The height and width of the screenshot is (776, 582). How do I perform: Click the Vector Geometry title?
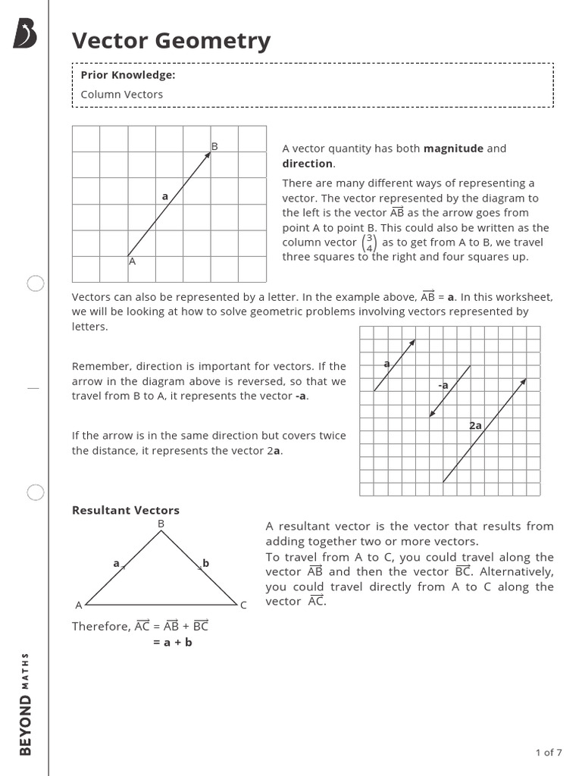pyautogui.click(x=171, y=41)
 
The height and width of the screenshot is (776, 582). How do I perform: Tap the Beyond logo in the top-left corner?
pyautogui.click(x=26, y=34)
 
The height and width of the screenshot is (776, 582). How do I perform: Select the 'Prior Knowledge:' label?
pyautogui.click(x=128, y=75)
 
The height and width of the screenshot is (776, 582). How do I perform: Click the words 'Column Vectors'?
pyautogui.click(x=122, y=95)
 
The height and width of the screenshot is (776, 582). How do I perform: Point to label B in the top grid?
pyautogui.click(x=214, y=146)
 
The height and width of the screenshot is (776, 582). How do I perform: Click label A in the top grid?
pyautogui.click(x=132, y=261)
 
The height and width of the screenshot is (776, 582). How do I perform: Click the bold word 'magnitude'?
pyautogui.click(x=453, y=149)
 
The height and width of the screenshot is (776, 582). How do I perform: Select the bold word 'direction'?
pyautogui.click(x=307, y=164)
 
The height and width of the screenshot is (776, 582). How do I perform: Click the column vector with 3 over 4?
pyautogui.click(x=369, y=242)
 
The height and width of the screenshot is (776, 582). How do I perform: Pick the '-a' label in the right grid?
pyautogui.click(x=443, y=385)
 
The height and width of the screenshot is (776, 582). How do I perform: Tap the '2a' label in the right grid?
pyautogui.click(x=475, y=426)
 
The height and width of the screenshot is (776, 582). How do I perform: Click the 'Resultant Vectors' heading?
pyautogui.click(x=126, y=510)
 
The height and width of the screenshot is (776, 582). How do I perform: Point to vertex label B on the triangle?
pyautogui.click(x=161, y=524)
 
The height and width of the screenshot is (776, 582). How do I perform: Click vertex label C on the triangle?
pyautogui.click(x=243, y=605)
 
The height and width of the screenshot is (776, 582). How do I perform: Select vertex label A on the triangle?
pyautogui.click(x=78, y=605)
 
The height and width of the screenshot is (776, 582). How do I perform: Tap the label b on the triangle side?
pyautogui.click(x=205, y=563)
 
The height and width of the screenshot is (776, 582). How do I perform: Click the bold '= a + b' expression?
pyautogui.click(x=173, y=643)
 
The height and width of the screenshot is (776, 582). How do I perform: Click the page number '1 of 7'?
pyautogui.click(x=549, y=753)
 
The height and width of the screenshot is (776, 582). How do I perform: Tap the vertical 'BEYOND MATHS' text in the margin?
pyautogui.click(x=26, y=704)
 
